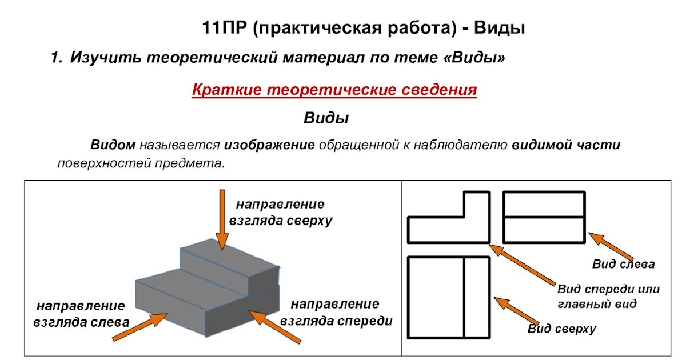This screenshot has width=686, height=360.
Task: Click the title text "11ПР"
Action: [x=225, y=28]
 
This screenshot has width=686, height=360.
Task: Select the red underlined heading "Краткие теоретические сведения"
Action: [x=334, y=90]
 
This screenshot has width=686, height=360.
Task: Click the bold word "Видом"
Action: [x=113, y=145]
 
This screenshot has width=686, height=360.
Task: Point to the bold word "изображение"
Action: [x=269, y=145]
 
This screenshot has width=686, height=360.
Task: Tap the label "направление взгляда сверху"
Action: [x=280, y=212]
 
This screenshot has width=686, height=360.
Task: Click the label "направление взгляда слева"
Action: [x=81, y=314]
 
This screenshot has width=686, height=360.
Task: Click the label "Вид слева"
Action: [x=623, y=264]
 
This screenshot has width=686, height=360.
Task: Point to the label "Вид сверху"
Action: [x=561, y=329]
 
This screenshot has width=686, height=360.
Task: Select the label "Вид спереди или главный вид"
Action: [x=608, y=296]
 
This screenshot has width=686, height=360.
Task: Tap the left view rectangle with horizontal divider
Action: [x=544, y=218]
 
